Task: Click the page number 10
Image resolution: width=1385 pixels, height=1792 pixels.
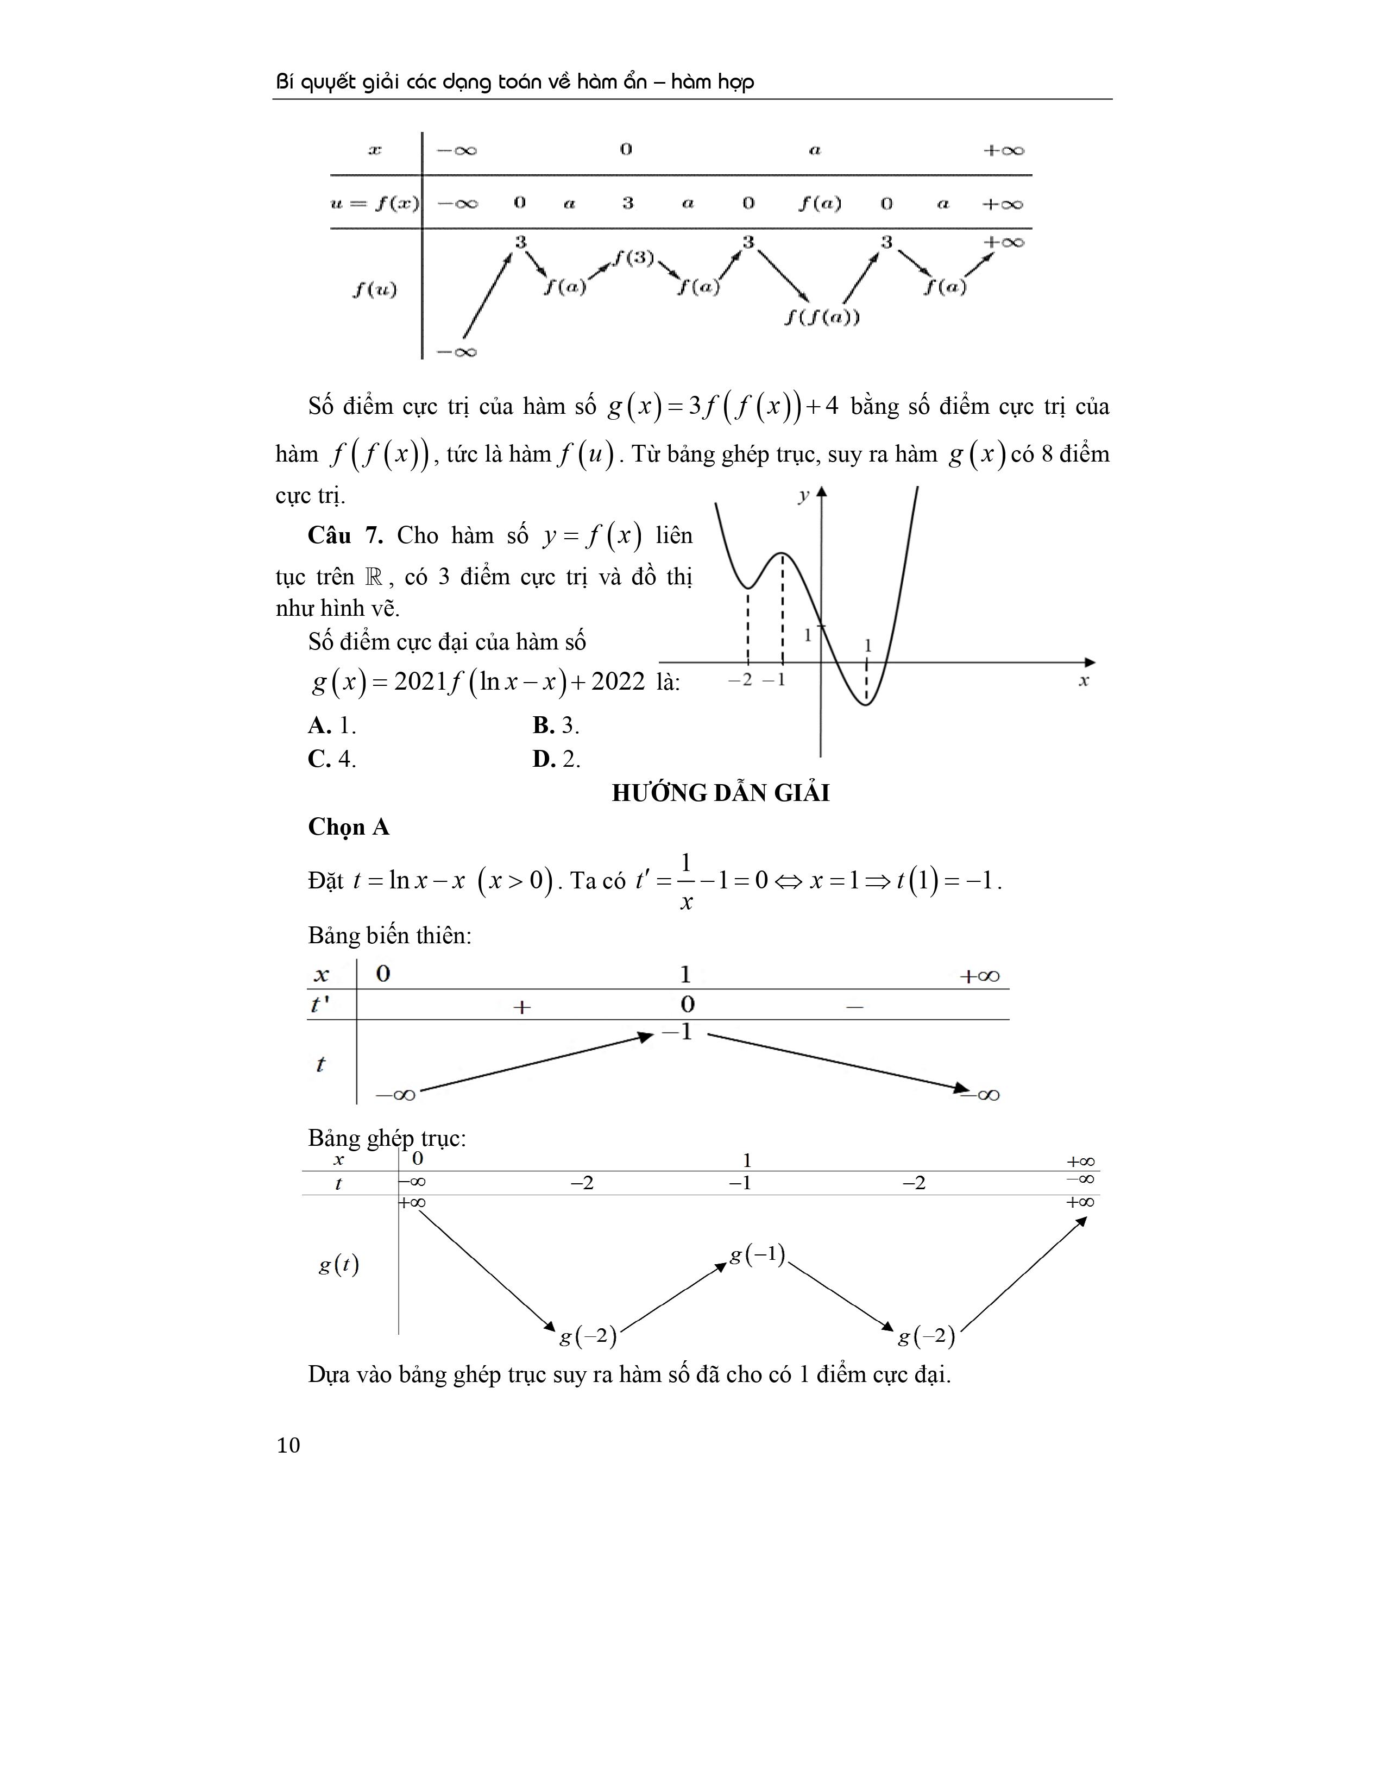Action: click(x=289, y=1468)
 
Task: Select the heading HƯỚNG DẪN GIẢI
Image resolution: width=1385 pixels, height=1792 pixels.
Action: click(x=720, y=793)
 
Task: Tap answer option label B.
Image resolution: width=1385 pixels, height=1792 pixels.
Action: click(x=544, y=725)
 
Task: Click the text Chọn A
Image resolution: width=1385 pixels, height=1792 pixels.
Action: click(x=349, y=827)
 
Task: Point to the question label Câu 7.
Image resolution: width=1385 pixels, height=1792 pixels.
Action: click(x=345, y=536)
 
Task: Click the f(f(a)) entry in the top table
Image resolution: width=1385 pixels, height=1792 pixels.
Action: click(x=821, y=317)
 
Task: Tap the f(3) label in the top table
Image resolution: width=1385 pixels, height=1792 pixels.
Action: click(x=633, y=257)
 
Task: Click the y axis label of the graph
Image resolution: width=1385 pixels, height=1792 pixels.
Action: click(x=803, y=495)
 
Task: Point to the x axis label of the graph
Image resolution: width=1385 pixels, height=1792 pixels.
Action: click(x=1083, y=681)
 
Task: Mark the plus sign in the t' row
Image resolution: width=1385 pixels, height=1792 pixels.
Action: click(x=522, y=1007)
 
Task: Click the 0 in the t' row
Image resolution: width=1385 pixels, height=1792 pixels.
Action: click(x=688, y=1004)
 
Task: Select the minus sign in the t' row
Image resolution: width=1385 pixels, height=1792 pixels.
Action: click(x=854, y=1007)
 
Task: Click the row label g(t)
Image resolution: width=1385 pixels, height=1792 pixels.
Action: click(x=338, y=1264)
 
